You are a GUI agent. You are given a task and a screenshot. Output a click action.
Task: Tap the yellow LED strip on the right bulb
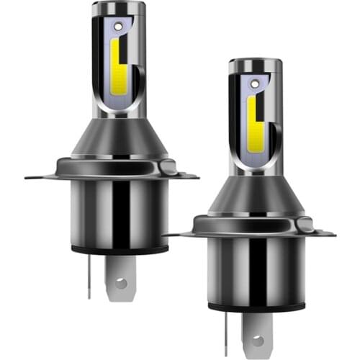pos(252,119)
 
